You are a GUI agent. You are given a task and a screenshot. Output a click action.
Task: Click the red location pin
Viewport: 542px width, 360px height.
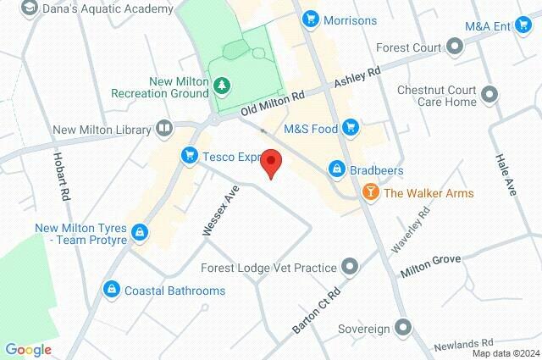coord(271,162)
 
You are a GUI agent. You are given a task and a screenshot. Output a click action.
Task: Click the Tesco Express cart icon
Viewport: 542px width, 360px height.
coord(189,155)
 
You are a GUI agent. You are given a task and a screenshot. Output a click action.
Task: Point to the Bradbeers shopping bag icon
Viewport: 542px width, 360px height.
coord(337,169)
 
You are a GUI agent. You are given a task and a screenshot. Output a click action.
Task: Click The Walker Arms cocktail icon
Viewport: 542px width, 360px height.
coord(370,192)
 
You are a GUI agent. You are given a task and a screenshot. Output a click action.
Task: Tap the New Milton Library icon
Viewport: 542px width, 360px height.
coord(163,130)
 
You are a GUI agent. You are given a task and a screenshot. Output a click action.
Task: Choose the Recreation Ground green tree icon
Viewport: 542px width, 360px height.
coord(222,86)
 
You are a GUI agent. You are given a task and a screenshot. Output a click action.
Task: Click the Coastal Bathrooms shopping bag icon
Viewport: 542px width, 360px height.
coord(111,291)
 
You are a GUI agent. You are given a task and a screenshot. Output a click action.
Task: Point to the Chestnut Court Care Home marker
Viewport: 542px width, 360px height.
coord(489,94)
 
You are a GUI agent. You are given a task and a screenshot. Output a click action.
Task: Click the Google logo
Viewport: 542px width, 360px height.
coord(28,349)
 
